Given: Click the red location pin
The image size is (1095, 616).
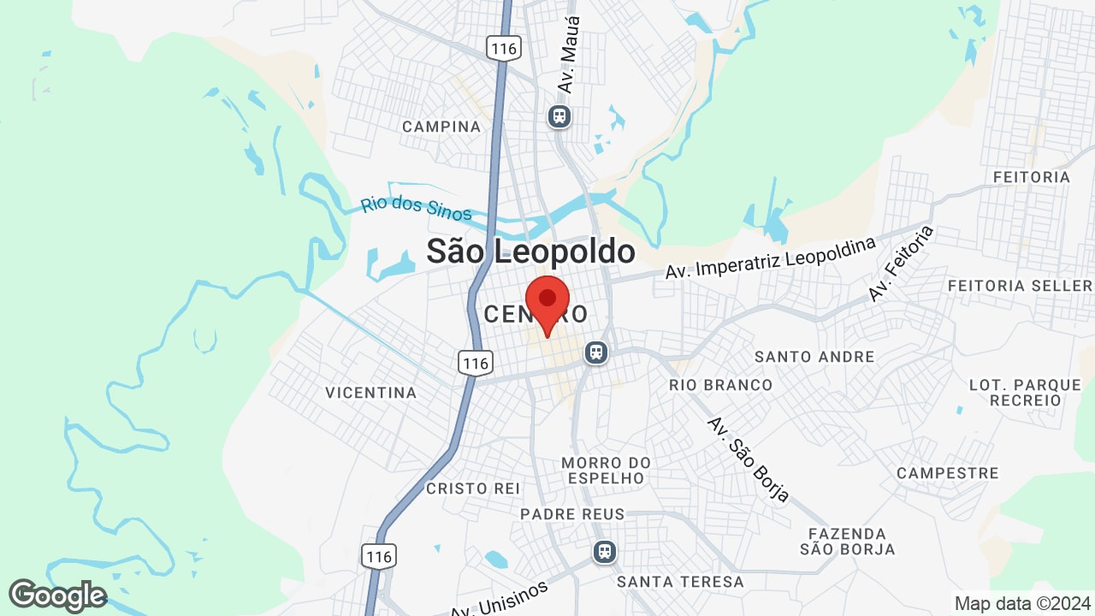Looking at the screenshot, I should [x=547, y=302].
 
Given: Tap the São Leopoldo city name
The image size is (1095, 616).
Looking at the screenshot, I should [x=530, y=252].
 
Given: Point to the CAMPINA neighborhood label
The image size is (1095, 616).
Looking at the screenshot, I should [x=441, y=127].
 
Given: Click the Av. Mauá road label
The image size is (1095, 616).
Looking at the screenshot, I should [x=568, y=55].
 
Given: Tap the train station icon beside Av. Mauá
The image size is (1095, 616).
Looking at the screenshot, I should [x=559, y=115].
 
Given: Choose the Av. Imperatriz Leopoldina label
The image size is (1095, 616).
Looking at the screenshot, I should [x=771, y=258].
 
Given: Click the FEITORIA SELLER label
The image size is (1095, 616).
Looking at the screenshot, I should [x=1020, y=285].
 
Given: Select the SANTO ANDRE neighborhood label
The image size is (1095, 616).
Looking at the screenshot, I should [x=814, y=356].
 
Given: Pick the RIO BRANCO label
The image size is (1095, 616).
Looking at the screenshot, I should [x=720, y=385].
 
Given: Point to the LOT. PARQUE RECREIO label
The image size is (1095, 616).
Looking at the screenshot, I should [x=1025, y=393].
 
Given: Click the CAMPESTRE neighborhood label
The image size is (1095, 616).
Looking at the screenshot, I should [x=947, y=473].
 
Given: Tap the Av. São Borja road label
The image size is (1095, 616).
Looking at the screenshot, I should [x=747, y=459].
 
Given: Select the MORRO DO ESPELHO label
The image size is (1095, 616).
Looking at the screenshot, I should [x=606, y=471].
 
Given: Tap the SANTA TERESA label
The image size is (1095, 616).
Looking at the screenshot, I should [x=680, y=582].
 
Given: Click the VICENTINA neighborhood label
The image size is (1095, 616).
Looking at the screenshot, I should [x=370, y=393].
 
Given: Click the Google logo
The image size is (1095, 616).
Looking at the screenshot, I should [x=57, y=596].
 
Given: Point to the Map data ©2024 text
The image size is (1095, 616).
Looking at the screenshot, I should [x=1021, y=603].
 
